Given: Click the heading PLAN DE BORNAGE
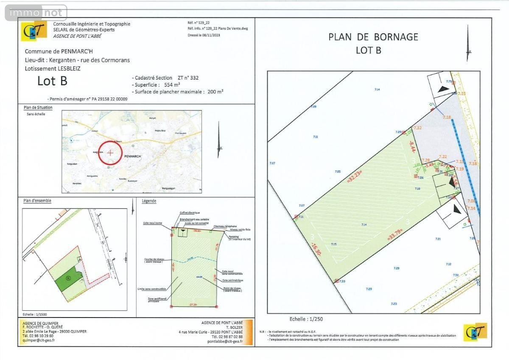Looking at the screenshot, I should [373, 37].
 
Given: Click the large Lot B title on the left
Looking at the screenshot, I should [52, 81].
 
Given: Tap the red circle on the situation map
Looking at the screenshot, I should [110, 152].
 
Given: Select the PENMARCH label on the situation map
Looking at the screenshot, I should [132, 156].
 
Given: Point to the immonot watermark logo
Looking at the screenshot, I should [36, 13].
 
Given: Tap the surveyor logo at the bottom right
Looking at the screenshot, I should [475, 332].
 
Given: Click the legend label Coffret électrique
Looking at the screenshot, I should [189, 213].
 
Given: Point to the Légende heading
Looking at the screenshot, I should [149, 200].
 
